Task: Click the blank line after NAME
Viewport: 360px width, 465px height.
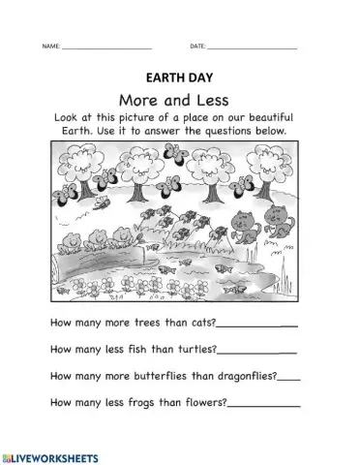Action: pos(106,47)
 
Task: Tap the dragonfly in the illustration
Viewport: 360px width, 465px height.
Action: pos(99,205)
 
